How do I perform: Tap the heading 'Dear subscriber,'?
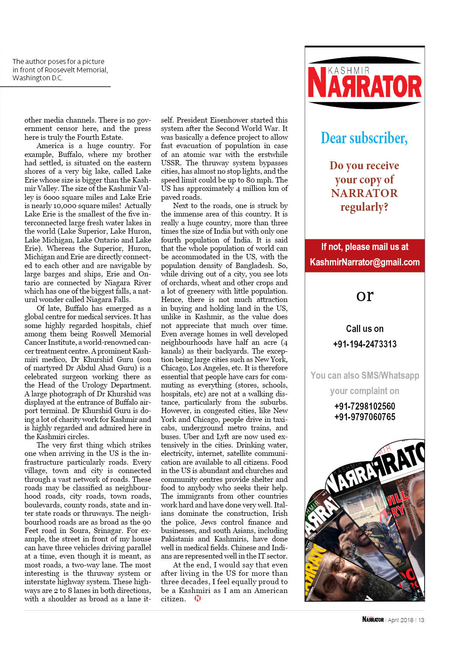[364, 138]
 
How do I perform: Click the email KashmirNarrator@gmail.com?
[365, 262]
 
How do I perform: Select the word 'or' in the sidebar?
[365, 295]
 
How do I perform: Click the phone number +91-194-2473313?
[365, 344]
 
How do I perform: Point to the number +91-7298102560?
[365, 406]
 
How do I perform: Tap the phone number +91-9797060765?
[365, 417]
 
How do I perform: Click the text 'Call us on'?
[365, 329]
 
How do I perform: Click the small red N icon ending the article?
[197, 598]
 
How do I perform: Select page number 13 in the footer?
[421, 620]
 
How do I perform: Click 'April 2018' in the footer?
[400, 620]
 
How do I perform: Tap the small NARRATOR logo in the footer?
[373, 619]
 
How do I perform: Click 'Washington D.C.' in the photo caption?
[37, 78]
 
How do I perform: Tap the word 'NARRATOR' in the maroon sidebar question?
[364, 193]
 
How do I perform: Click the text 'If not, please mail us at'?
[365, 247]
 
